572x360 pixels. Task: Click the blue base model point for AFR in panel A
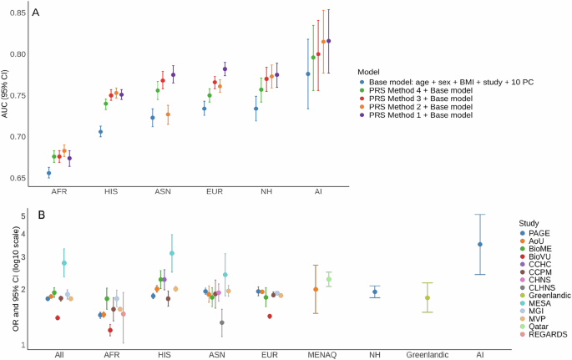point(48,173)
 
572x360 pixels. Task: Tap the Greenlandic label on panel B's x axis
point(428,354)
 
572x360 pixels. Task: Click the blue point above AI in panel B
point(479,244)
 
